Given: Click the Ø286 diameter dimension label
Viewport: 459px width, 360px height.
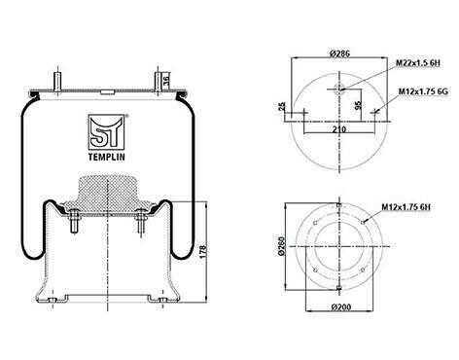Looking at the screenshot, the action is (x=339, y=54).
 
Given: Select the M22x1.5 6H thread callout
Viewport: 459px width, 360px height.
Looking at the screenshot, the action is (x=418, y=63).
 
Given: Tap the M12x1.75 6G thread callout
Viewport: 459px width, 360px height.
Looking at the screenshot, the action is (x=423, y=91).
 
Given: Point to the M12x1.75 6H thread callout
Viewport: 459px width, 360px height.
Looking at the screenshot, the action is (x=406, y=206).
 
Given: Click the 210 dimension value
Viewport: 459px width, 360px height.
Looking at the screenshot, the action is (x=339, y=129).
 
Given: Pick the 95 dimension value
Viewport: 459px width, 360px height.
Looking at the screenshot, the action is (x=358, y=105).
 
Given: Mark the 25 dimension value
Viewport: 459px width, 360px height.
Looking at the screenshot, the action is (x=282, y=106).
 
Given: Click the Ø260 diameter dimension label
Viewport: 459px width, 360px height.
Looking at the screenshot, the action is (x=281, y=246).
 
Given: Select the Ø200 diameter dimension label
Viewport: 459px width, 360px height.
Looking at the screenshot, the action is (x=341, y=306).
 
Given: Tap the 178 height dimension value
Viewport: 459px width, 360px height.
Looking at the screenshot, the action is (x=203, y=252).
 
